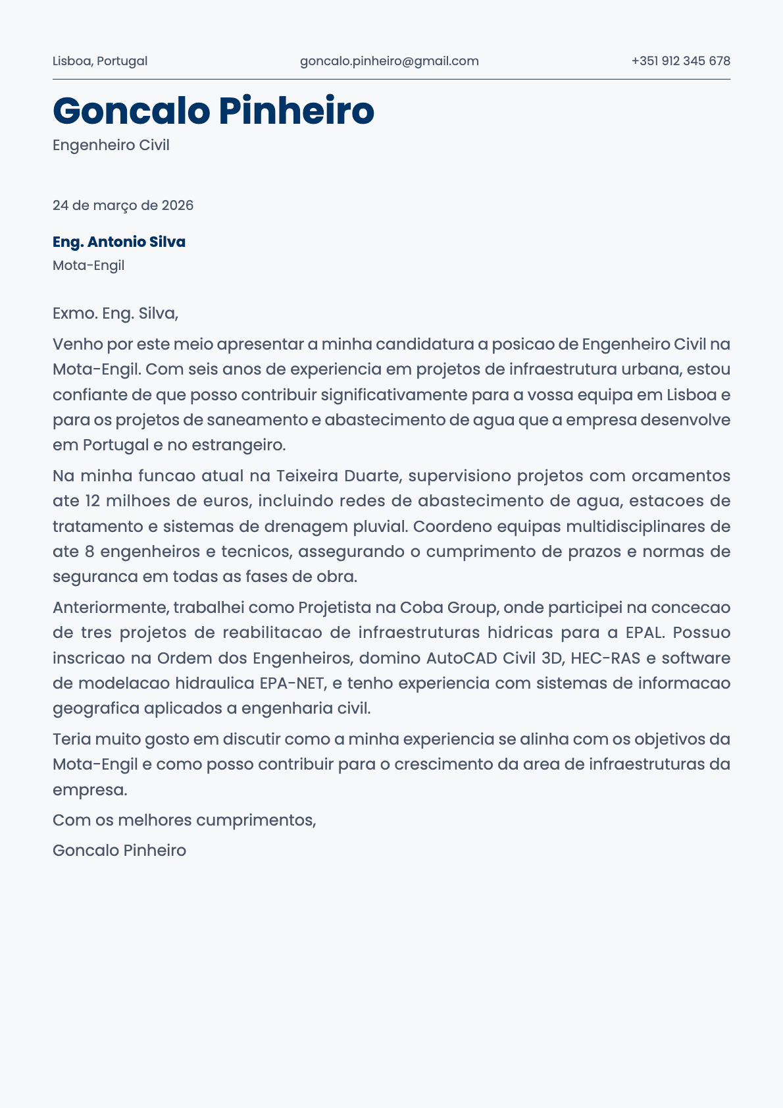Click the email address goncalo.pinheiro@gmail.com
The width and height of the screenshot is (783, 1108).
tap(389, 61)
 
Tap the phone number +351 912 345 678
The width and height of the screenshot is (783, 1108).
tap(680, 61)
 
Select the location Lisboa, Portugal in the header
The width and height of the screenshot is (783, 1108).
tap(100, 61)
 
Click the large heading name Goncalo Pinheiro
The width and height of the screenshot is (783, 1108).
tap(213, 111)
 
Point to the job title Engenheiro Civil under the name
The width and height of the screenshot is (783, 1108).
tap(111, 145)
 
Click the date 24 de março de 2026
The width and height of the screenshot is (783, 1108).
tap(123, 205)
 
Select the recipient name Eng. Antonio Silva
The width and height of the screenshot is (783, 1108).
tap(119, 242)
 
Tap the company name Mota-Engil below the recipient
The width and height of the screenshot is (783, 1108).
tap(88, 266)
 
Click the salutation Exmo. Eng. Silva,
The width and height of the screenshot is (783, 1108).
tap(115, 313)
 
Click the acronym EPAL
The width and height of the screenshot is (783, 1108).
tap(645, 633)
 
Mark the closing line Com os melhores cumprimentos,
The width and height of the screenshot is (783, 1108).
tap(184, 820)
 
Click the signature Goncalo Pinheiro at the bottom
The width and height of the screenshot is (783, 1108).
tap(119, 851)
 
